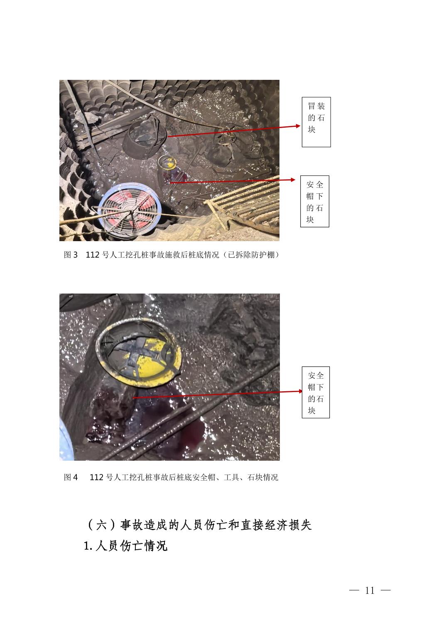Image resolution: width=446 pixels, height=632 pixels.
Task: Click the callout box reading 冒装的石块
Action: tap(316, 122)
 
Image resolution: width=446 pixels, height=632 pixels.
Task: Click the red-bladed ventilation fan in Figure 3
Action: tap(130, 207)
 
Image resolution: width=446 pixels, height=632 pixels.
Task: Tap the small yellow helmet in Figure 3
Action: tap(167, 162)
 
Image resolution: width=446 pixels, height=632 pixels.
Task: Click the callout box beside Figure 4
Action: tap(316, 392)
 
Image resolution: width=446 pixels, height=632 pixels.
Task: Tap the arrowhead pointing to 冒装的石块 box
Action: tap(298, 126)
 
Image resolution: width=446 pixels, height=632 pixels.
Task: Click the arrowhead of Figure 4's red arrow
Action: tap(300, 391)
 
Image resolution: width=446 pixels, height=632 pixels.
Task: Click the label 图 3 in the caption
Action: tap(71, 255)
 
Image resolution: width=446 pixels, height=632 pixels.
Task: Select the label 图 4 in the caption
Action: tap(71, 477)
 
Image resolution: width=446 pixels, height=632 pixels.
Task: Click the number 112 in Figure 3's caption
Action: tap(93, 255)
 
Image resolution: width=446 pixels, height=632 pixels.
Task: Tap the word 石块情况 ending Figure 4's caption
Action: tap(262, 477)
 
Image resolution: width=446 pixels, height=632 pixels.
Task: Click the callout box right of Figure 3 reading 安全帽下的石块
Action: tap(314, 201)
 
